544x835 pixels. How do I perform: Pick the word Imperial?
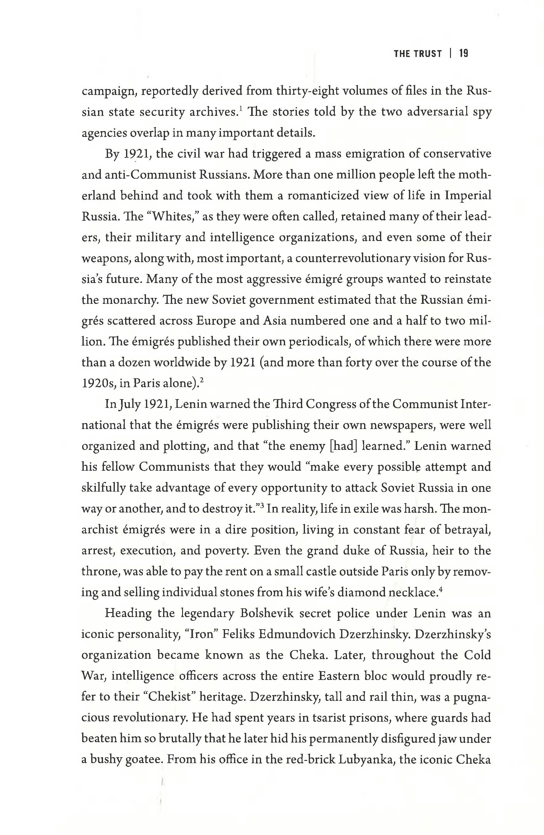468,196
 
